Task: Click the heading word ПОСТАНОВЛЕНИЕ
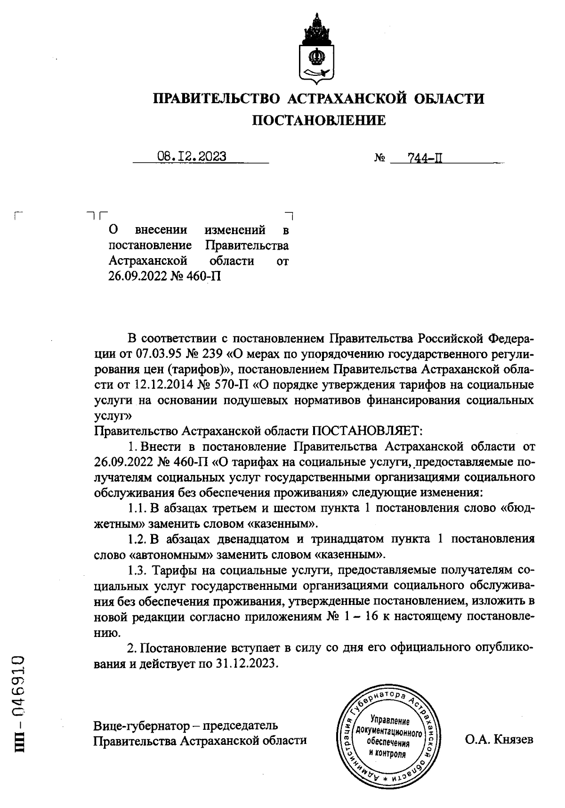(x=319, y=121)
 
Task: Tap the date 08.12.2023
(x=192, y=156)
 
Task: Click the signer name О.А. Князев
(x=499, y=739)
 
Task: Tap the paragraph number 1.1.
(x=137, y=508)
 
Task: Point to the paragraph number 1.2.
(x=137, y=539)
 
